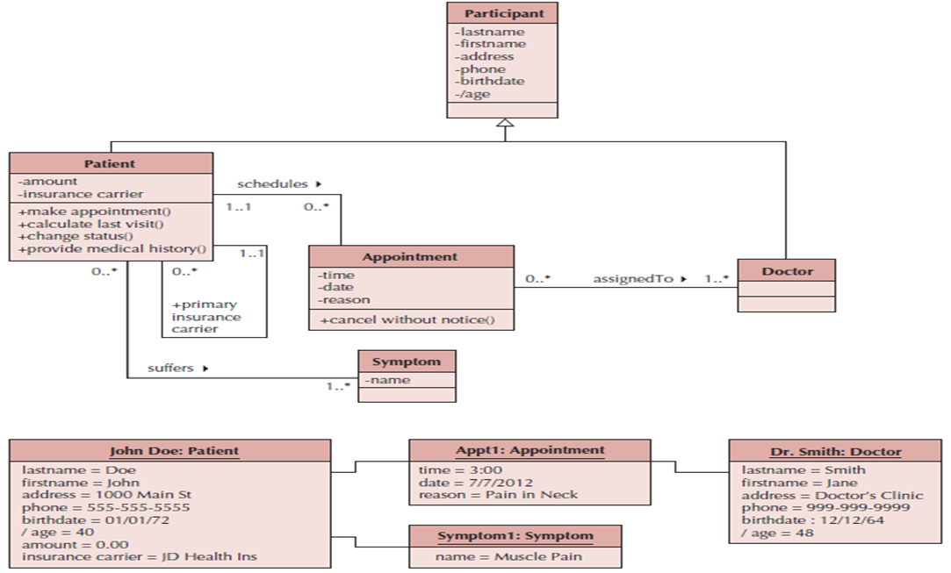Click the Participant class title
tap(503, 13)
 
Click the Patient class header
tap(110, 163)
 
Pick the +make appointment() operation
tap(94, 211)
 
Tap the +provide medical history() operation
tap(111, 249)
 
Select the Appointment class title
tap(410, 257)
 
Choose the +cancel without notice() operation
tap(407, 319)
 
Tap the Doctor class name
tap(786, 271)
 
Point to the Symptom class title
tap(406, 362)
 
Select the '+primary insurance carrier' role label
tap(205, 317)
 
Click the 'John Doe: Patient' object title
tap(173, 451)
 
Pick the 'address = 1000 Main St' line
tap(106, 494)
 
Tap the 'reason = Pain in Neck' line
tap(497, 494)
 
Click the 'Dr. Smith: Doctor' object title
tap(835, 451)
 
